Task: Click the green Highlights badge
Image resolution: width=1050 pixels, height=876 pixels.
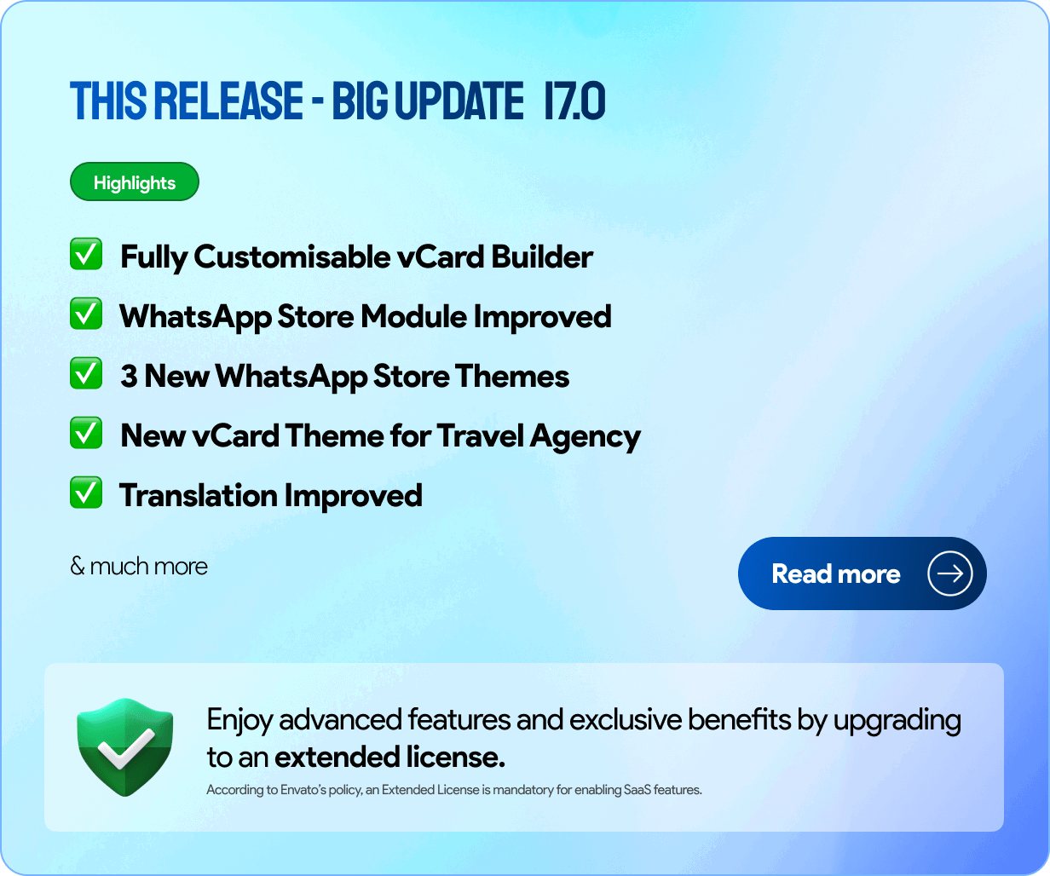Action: (135, 182)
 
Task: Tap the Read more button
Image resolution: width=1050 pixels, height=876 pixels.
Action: (862, 573)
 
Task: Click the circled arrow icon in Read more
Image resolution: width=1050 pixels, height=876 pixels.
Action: (949, 573)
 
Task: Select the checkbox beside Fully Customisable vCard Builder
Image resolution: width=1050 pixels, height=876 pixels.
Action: (86, 254)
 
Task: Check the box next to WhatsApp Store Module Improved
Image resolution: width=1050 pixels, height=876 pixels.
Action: (86, 314)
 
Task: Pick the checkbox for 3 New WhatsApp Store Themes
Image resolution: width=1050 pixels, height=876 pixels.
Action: (86, 373)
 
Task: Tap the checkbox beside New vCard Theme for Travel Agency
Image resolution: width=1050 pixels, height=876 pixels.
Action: (86, 433)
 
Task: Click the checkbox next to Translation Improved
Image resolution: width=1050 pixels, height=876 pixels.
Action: (86, 493)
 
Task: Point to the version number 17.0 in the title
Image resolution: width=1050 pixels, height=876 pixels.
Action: (574, 101)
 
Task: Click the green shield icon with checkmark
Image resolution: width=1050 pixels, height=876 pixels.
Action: (124, 746)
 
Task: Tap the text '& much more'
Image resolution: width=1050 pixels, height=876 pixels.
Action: (139, 566)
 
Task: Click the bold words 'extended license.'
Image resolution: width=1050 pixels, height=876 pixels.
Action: (389, 757)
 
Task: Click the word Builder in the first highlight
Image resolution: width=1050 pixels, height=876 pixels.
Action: (541, 257)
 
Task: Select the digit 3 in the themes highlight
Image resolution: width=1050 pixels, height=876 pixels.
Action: (129, 376)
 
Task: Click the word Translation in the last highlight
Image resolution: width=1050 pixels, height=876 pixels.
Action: (198, 495)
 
